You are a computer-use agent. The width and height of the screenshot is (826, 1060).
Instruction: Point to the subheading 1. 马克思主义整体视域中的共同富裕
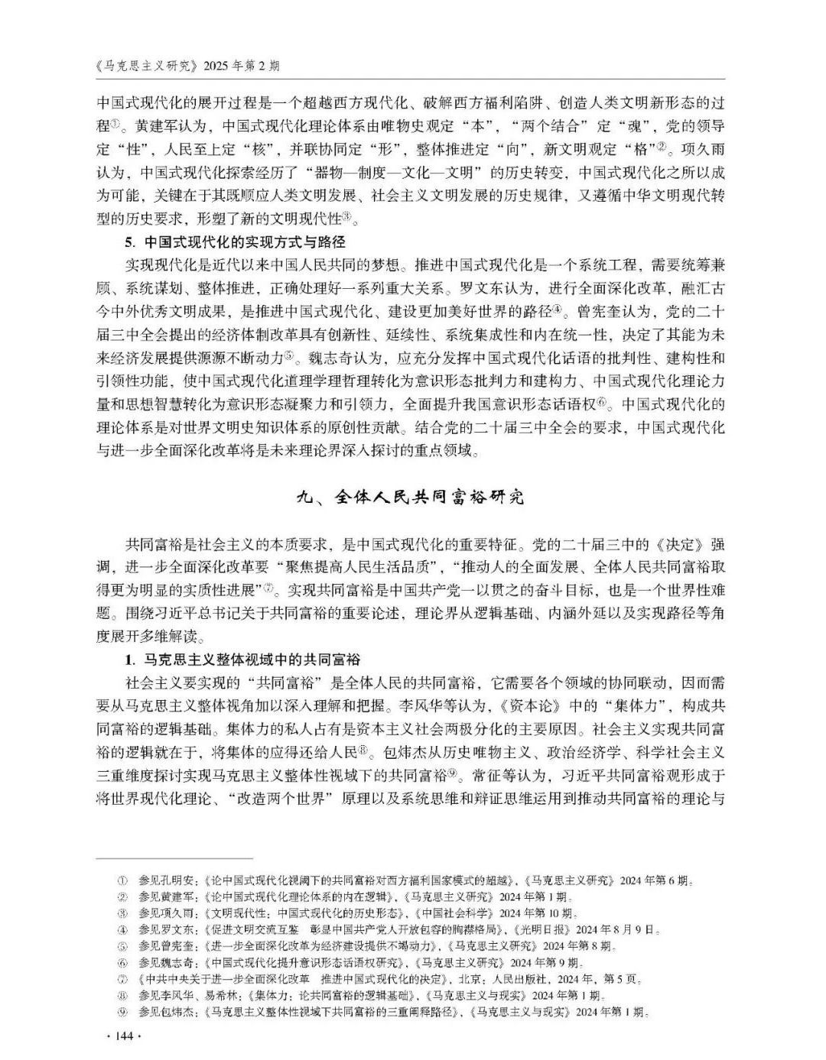point(242,659)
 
